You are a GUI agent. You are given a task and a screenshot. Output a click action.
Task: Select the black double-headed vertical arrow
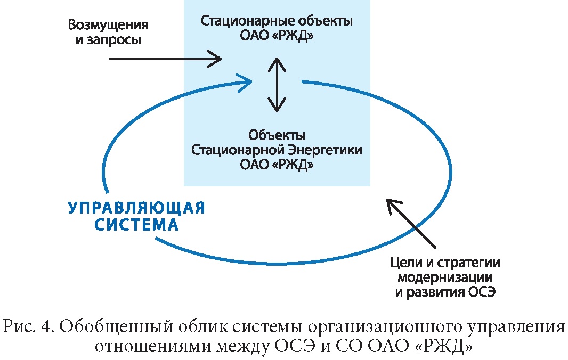pos(277,84)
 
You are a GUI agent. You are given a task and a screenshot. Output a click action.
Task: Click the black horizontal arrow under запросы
pos(165,59)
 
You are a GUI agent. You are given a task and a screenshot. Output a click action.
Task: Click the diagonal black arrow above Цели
pos(411,224)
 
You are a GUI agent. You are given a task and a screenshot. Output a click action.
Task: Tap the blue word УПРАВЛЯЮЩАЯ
pos(136,208)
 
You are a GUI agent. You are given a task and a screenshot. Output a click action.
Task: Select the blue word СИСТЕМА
pos(136,225)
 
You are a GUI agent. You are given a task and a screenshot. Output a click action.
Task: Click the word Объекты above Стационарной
pos(277,135)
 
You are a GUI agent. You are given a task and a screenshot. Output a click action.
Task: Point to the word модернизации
pos(445,277)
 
